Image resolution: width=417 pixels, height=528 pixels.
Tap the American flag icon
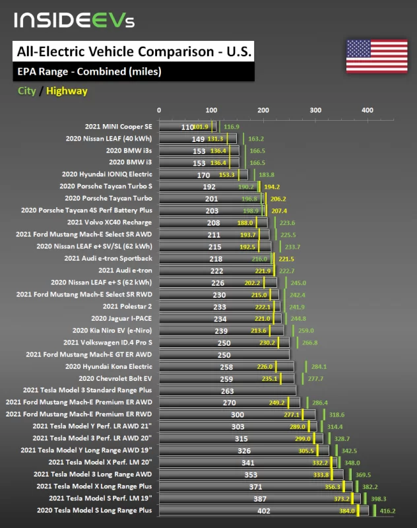pos(368,55)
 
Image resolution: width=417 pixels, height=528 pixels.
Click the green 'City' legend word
pos(26,91)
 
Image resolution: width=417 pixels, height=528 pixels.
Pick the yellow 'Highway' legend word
pos(67,91)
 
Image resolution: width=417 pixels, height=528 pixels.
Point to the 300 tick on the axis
pos(315,111)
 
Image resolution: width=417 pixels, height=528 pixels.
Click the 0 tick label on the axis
pos(159,111)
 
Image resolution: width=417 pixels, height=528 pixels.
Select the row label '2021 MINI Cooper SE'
pos(118,126)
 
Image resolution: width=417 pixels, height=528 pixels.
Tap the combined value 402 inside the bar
pos(264,510)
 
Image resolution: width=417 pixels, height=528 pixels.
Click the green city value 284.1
pos(319,366)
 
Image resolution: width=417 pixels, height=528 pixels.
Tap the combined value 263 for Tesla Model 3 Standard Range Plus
pos(227,390)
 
